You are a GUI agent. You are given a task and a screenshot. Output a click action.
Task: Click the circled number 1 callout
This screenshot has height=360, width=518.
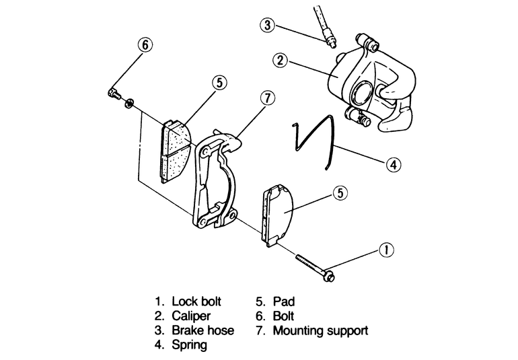click(x=387, y=250)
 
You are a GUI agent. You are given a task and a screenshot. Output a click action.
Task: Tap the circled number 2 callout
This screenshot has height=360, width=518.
click(x=281, y=61)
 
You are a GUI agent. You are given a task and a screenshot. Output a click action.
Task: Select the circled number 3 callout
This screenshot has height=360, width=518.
click(x=267, y=25)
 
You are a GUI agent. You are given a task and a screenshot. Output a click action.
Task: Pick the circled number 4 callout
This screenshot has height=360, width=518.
click(x=394, y=164)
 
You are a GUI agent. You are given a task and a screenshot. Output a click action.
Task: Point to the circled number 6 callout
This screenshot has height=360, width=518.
click(x=146, y=44)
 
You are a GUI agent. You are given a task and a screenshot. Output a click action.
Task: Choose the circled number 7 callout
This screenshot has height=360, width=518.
click(x=267, y=98)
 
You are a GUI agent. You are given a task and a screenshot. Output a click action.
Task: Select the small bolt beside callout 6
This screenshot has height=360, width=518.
click(x=114, y=93)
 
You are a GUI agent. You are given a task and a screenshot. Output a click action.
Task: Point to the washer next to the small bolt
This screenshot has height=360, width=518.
click(x=128, y=103)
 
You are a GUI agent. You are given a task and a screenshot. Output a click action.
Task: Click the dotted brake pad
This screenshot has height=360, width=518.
click(x=176, y=151)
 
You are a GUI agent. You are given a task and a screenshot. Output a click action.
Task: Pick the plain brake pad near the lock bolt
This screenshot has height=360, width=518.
click(x=277, y=215)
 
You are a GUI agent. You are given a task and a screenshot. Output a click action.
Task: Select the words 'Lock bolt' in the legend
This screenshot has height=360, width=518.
click(x=196, y=301)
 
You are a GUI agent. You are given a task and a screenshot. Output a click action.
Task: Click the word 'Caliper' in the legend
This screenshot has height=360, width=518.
click(x=191, y=316)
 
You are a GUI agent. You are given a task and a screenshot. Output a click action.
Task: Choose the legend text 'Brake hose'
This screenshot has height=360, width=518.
click(x=203, y=330)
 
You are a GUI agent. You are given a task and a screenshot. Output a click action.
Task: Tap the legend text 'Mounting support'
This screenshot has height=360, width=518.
click(x=320, y=330)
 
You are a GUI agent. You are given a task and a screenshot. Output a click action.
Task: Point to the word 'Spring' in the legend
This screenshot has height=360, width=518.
click(x=189, y=345)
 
